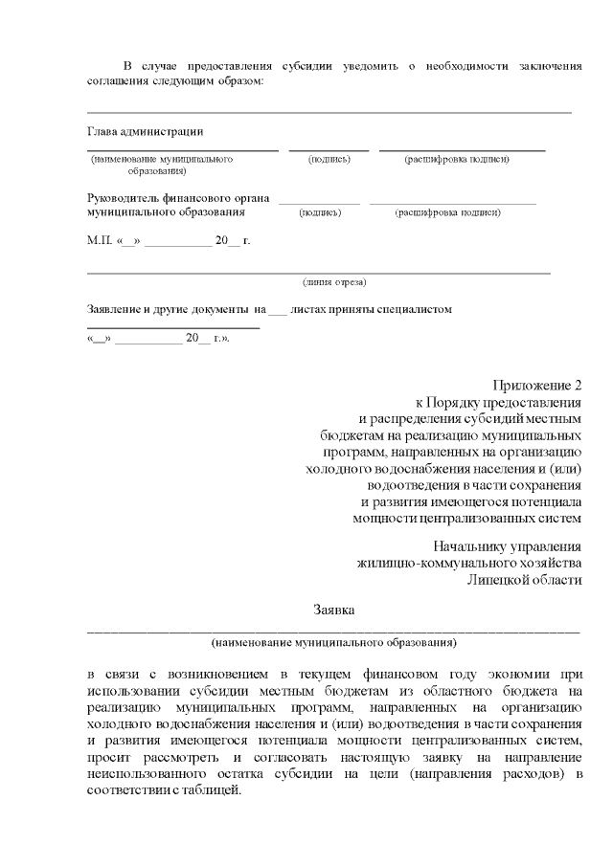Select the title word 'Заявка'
(334, 609)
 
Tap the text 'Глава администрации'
(145, 131)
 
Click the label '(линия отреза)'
(334, 282)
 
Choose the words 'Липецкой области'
(525, 581)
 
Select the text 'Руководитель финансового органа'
(171, 198)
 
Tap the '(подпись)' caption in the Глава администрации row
(329, 159)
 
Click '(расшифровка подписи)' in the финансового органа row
(448, 212)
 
